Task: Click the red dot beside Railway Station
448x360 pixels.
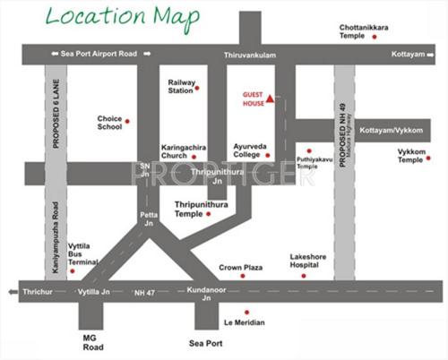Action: pos(198,88)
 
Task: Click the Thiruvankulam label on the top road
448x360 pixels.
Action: pos(247,56)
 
